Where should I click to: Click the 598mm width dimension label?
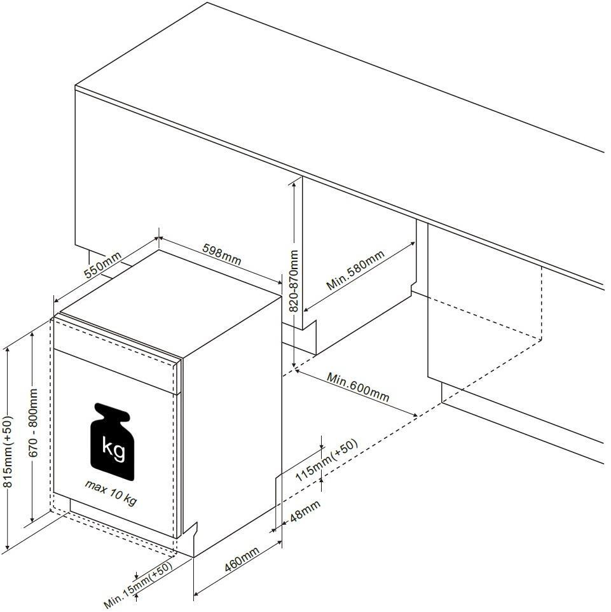point(222,254)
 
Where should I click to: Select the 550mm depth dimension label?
point(102,265)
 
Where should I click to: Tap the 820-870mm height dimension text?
point(295,281)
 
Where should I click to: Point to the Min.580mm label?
point(355,270)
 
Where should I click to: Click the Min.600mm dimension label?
point(358,387)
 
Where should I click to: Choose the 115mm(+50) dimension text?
point(326,461)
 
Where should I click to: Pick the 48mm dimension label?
point(305,511)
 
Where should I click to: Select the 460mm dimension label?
point(242,559)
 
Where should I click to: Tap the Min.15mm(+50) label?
point(138,585)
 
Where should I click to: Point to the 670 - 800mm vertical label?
point(34,422)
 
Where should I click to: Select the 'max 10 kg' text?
point(111,493)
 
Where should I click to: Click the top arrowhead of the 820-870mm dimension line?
point(293,183)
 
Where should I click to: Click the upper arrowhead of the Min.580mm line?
point(413,244)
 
